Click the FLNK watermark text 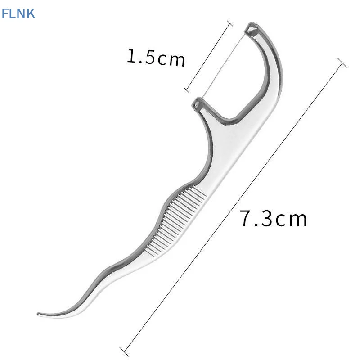pyautogui.click(x=18, y=13)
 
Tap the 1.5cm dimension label pyautogui.click(x=156, y=58)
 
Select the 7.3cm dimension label pyautogui.click(x=273, y=218)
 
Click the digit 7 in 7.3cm pyautogui.click(x=246, y=218)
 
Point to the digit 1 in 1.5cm pyautogui.click(x=132, y=55)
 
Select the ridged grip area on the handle pyautogui.click(x=175, y=221)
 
